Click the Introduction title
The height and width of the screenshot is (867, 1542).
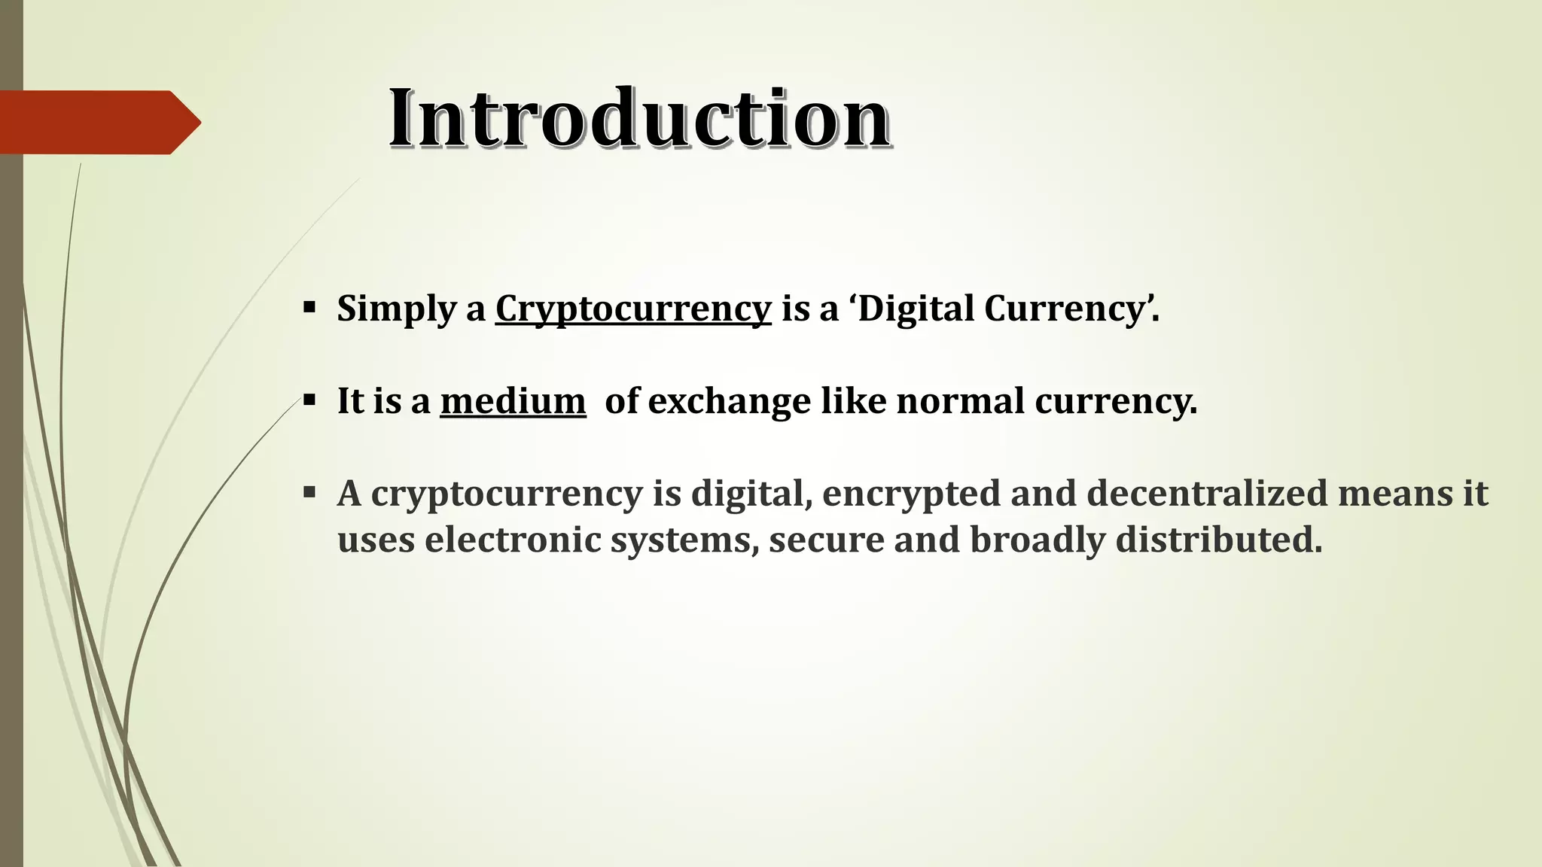[639, 119]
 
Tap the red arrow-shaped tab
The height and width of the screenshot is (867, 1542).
[98, 122]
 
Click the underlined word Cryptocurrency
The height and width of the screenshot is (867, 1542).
[633, 309]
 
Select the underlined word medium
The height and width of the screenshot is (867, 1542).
[513, 400]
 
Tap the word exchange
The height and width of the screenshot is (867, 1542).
[729, 400]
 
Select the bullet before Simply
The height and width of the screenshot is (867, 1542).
[309, 307]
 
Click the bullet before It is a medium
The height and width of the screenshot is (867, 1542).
[309, 400]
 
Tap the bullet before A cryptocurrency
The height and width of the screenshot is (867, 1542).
[309, 493]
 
